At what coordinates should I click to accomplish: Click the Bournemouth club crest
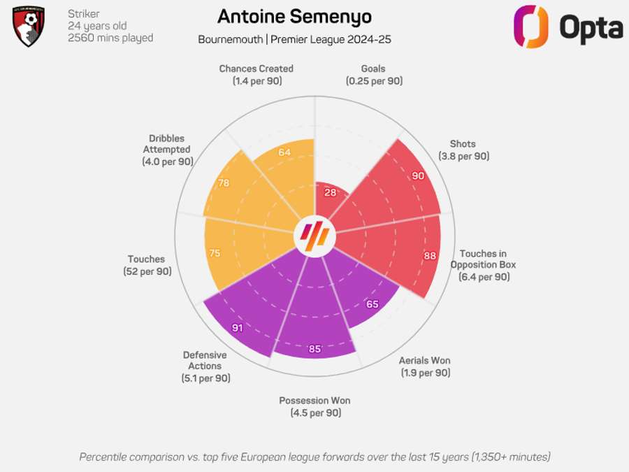(29, 27)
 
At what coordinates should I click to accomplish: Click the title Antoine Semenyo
(294, 17)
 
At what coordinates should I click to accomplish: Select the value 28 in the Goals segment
(330, 192)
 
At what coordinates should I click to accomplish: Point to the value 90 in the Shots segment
(418, 176)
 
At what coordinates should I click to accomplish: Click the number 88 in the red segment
(430, 256)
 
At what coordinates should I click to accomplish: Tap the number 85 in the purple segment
(314, 349)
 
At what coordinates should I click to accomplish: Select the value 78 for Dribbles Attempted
(224, 183)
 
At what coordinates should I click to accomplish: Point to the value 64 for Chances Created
(284, 152)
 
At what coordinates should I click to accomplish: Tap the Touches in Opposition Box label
(484, 265)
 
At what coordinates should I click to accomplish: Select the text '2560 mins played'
(110, 38)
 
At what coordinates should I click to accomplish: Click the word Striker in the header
(83, 14)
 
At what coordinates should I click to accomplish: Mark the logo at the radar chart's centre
(314, 237)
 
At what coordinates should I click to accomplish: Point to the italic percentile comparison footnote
(314, 457)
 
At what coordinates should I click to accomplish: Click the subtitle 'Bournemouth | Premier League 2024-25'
(294, 39)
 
